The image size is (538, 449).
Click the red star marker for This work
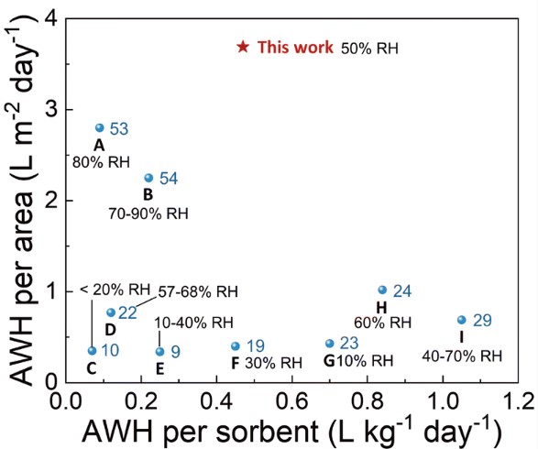243,47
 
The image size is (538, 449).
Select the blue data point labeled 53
100,128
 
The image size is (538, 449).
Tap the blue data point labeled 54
148,178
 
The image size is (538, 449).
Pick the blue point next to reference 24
382,290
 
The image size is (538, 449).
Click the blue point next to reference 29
461,320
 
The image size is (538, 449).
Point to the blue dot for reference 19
236,346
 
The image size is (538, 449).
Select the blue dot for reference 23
329,344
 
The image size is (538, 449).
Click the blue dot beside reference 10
92,351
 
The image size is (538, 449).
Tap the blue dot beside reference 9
159,351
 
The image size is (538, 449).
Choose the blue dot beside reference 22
111,312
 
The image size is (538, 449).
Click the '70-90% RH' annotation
148,214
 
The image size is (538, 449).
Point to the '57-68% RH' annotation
196,291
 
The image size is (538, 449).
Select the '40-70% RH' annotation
462,356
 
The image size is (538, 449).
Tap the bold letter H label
381,307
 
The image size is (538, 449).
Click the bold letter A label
99,145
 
